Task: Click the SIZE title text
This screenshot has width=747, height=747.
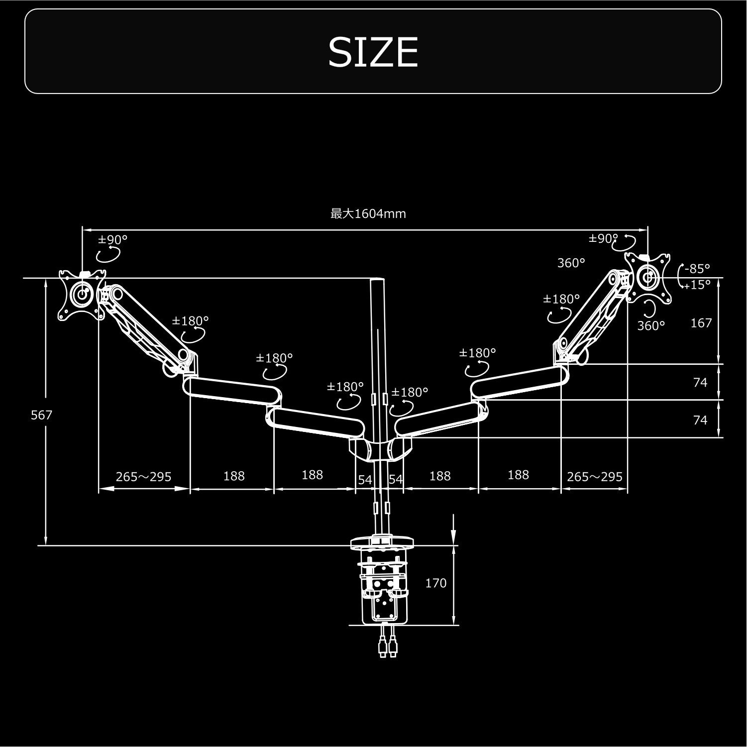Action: pyautogui.click(x=373, y=52)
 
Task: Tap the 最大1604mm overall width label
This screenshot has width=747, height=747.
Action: pyautogui.click(x=368, y=214)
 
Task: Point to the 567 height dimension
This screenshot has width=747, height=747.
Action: pyautogui.click(x=41, y=415)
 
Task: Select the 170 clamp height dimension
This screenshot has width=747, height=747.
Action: pyautogui.click(x=436, y=583)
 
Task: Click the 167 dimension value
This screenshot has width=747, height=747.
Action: pyautogui.click(x=701, y=323)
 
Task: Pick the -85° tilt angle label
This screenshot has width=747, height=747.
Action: pyautogui.click(x=697, y=269)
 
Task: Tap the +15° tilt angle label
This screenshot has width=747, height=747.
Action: pyautogui.click(x=696, y=285)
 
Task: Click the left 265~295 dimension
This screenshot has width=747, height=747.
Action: pyautogui.click(x=143, y=477)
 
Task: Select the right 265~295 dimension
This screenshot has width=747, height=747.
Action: pyautogui.click(x=595, y=477)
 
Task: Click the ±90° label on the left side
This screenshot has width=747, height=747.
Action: pyautogui.click(x=113, y=240)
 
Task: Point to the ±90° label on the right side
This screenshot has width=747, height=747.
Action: pyautogui.click(x=603, y=239)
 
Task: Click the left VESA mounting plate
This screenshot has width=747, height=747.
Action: pyautogui.click(x=82, y=295)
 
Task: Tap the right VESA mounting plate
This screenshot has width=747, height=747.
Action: pyautogui.click(x=648, y=277)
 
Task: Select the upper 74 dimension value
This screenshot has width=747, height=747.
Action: pyautogui.click(x=700, y=382)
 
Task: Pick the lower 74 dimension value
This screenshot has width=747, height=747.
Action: pyautogui.click(x=700, y=420)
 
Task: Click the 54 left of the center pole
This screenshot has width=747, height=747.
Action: pyautogui.click(x=365, y=480)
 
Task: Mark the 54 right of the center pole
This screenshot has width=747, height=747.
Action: pyautogui.click(x=396, y=479)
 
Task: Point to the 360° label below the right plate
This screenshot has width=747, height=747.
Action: pyautogui.click(x=651, y=326)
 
